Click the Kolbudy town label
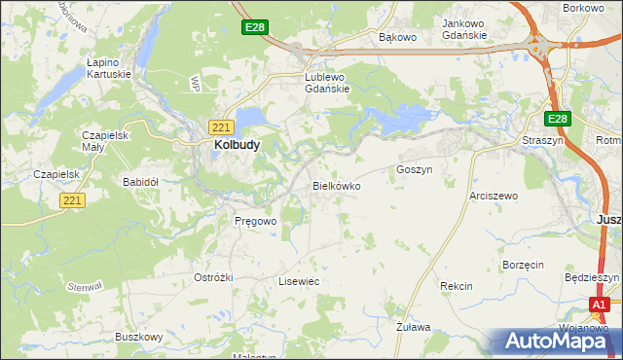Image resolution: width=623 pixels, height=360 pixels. (x=236, y=145)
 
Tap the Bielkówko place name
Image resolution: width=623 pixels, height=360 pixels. (x=337, y=185)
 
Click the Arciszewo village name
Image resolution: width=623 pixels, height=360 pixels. (x=494, y=196)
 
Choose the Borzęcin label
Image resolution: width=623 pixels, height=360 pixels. (x=522, y=265)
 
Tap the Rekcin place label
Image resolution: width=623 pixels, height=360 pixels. (x=456, y=286)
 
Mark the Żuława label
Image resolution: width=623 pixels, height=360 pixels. (x=414, y=327)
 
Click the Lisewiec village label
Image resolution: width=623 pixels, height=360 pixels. (x=299, y=280)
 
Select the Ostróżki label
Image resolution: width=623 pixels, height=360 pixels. (x=213, y=277)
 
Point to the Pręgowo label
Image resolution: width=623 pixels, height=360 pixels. (x=256, y=221)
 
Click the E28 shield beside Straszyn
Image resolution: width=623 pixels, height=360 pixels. (x=557, y=119)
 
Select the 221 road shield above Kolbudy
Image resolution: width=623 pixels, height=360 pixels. (x=220, y=126)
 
